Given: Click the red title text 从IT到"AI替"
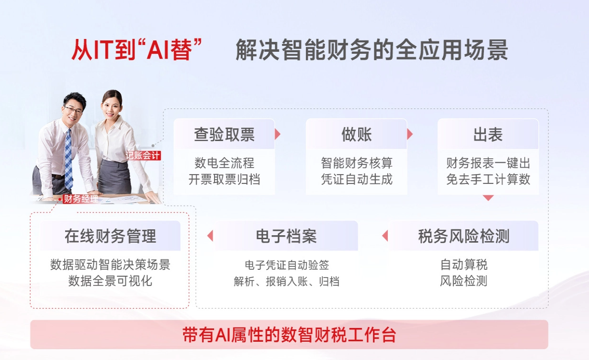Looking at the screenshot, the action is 137,50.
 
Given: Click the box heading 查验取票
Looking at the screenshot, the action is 224,135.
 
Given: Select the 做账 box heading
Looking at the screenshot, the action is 357,135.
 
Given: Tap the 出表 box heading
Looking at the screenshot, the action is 488,135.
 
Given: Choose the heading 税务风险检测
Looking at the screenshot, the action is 464,236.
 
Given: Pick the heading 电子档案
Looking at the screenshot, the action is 286,236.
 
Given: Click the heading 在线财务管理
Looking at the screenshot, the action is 110,236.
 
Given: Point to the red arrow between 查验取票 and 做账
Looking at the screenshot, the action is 278,134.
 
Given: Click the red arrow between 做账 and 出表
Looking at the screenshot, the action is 410,134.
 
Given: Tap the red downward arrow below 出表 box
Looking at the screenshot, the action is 488,198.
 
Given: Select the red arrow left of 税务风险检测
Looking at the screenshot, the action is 385,236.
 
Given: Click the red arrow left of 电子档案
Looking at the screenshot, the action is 210,236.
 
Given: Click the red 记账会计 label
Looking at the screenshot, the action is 143,155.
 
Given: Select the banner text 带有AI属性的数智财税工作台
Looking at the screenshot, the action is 289,335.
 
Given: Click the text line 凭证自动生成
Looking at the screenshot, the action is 357,180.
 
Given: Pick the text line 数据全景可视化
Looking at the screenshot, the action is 110,281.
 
